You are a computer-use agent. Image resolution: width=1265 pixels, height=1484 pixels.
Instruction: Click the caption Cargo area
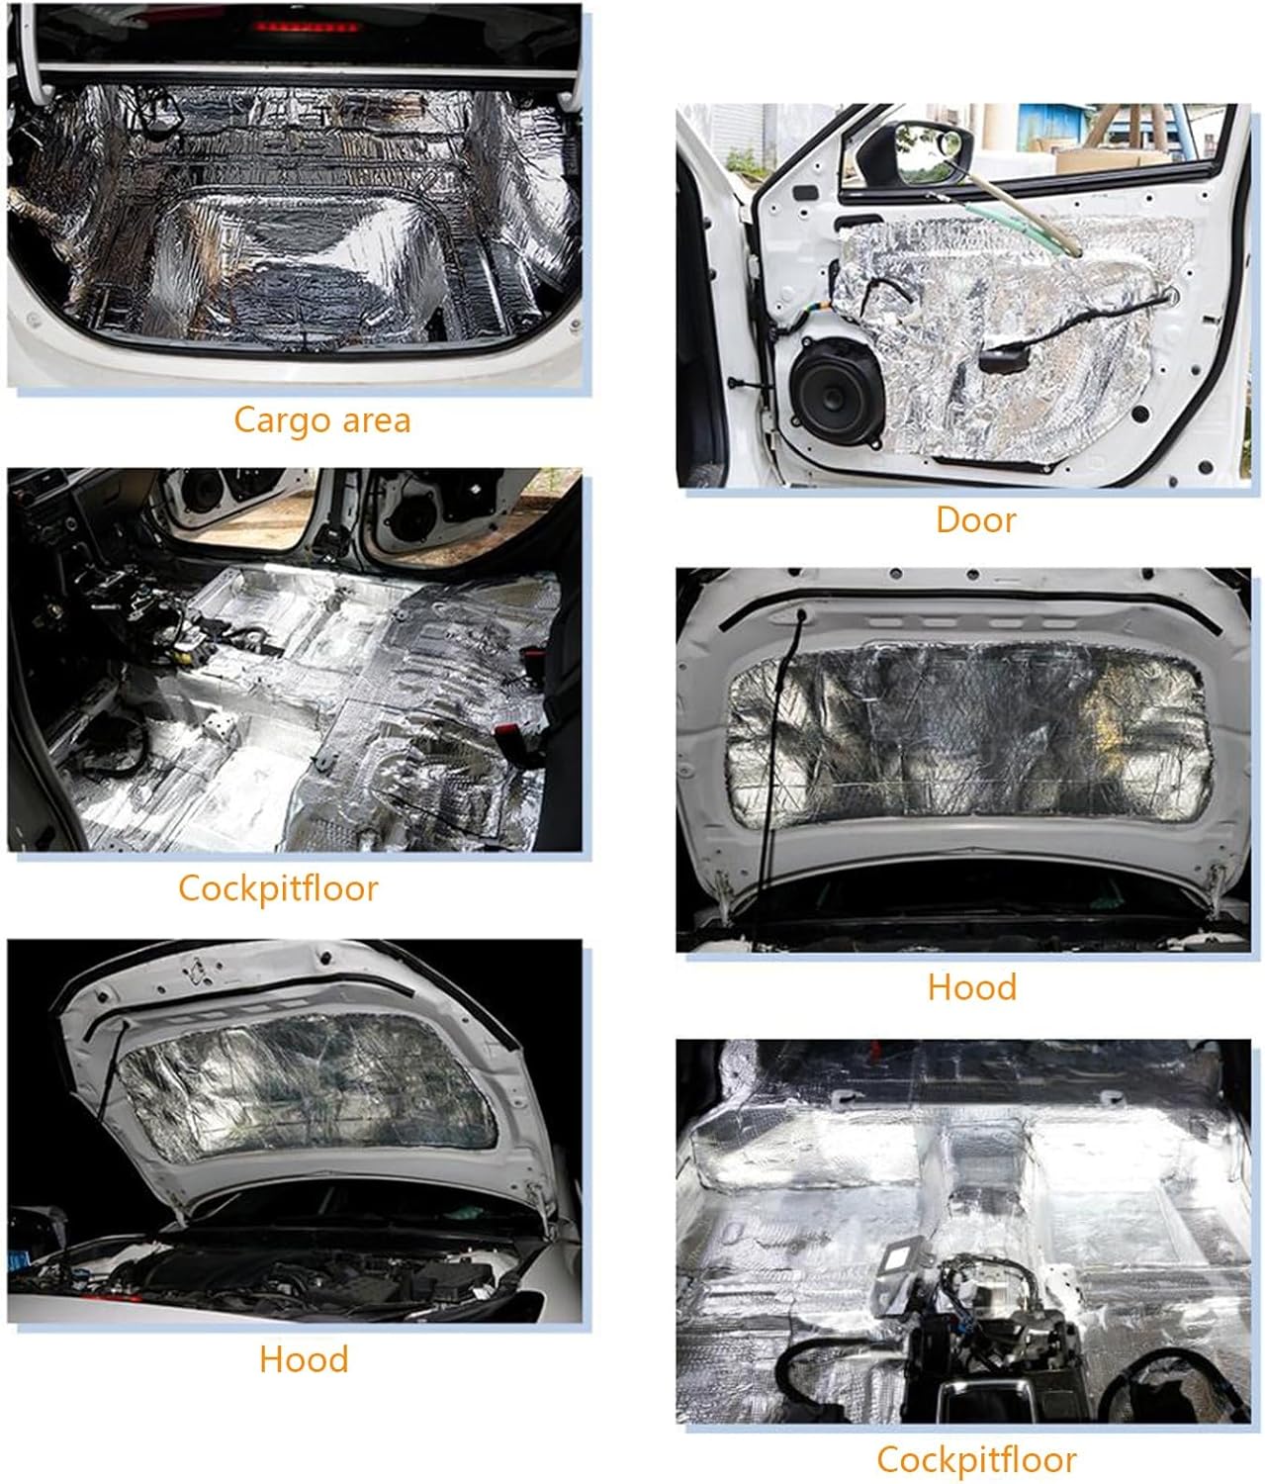[x=322, y=420]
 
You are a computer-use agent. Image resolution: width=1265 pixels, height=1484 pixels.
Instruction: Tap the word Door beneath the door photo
[x=975, y=519]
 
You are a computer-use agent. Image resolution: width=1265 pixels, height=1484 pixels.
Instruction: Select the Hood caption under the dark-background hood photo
[x=304, y=1359]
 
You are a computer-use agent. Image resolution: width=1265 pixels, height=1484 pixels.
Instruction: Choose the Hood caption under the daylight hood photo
[x=972, y=987]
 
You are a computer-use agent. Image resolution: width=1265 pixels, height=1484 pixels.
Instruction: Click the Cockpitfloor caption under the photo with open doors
[x=278, y=888]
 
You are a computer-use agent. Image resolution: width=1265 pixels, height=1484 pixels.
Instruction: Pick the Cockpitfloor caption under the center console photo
[x=976, y=1459]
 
